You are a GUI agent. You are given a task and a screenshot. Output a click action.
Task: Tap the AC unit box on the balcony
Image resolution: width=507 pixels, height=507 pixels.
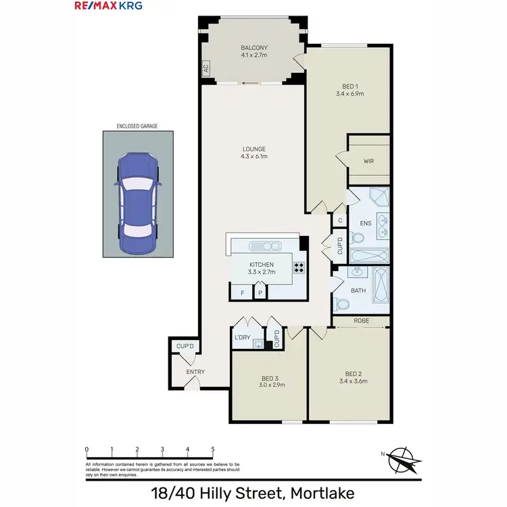point(205,68)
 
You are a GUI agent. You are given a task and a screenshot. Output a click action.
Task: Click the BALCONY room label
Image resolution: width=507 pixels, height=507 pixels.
point(254,48)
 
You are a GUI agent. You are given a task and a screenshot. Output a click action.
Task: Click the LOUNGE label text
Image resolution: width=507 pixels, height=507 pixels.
point(255,149)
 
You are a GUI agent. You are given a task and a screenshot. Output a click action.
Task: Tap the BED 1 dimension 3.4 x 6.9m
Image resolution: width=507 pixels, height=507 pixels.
point(349,95)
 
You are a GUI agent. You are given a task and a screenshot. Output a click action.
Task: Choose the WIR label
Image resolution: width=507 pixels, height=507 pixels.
point(368,162)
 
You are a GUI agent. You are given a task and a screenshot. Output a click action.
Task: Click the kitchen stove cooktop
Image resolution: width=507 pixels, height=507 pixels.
point(299,268)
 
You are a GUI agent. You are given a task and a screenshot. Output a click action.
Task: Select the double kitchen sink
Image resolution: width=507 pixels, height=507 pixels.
point(264,245)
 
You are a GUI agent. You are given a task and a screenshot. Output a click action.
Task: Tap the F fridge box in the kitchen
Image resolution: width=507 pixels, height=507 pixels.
point(242,293)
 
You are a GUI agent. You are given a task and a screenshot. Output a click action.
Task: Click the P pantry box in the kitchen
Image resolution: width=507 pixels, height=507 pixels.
point(260,293)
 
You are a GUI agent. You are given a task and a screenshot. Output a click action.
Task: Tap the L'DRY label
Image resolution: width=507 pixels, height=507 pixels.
point(242,337)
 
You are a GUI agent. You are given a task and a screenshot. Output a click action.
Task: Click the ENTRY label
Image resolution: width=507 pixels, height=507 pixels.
point(195,372)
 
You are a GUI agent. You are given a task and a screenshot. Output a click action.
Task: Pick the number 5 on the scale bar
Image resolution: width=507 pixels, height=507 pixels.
point(213,449)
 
